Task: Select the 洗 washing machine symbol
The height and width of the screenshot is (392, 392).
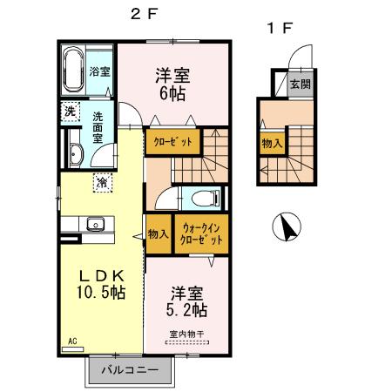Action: pos(69,111)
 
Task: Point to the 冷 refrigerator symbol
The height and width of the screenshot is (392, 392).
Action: pos(102,183)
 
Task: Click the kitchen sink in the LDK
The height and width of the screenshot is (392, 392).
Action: pos(95,226)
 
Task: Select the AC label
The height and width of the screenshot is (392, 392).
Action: pos(72,341)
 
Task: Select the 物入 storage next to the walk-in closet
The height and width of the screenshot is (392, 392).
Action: pos(158,233)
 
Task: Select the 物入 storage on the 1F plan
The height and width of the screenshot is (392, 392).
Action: pos(272,142)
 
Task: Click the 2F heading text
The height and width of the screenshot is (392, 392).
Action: pos(144,15)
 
